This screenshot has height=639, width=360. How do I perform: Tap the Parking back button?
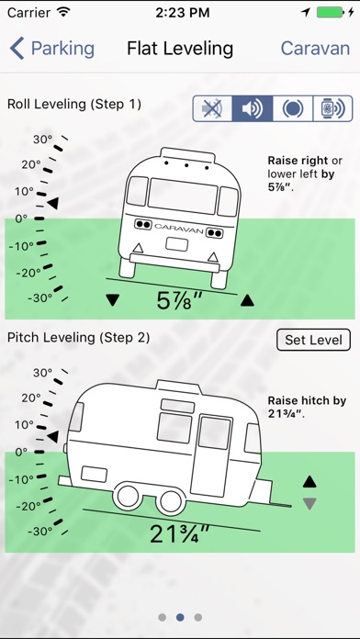[52, 49]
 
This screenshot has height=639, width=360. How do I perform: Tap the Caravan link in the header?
[315, 49]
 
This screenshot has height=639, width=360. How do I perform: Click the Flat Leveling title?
[180, 49]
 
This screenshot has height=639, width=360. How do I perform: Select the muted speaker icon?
[212, 108]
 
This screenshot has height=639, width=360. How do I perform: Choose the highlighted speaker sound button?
[252, 108]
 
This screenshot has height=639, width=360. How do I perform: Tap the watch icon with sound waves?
[332, 108]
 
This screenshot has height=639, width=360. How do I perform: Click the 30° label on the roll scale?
[43, 140]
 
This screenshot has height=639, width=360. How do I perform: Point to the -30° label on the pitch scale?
[40, 532]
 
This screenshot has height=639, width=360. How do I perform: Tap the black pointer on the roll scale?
[52, 203]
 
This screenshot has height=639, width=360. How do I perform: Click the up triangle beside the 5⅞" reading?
[247, 301]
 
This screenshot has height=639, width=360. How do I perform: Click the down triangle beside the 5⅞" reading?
[113, 300]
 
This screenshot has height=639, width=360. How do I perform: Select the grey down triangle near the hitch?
[309, 504]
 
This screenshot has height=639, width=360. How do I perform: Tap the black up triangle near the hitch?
[309, 482]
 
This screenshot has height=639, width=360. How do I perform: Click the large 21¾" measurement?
[179, 533]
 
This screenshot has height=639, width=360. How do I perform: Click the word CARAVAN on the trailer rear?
[178, 229]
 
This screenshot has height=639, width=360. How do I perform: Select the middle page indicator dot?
[180, 617]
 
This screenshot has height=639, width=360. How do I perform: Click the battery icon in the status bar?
[331, 13]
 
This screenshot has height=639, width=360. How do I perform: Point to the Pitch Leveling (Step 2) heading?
[79, 338]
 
